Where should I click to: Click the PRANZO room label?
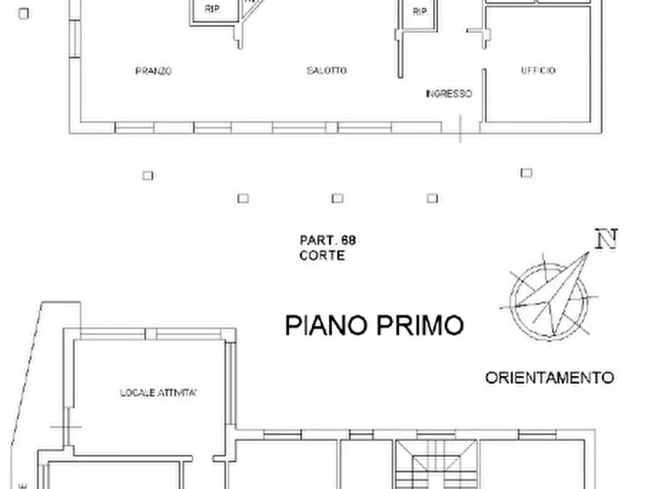point(153,71)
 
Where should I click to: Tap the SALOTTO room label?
point(327,71)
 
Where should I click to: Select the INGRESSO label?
point(449,93)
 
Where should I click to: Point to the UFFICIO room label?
point(538,71)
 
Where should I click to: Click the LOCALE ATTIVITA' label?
point(159,393)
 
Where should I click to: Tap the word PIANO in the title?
point(326,325)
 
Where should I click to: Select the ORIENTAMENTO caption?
point(550,378)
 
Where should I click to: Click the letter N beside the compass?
point(606,239)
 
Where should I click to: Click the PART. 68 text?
point(327,239)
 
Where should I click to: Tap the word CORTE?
point(321,255)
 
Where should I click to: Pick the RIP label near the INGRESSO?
point(419,12)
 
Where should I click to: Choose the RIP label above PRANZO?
point(212,9)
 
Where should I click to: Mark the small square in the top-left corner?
point(24,13)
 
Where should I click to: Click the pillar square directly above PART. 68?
point(338,198)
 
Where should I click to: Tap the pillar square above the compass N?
point(526,173)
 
